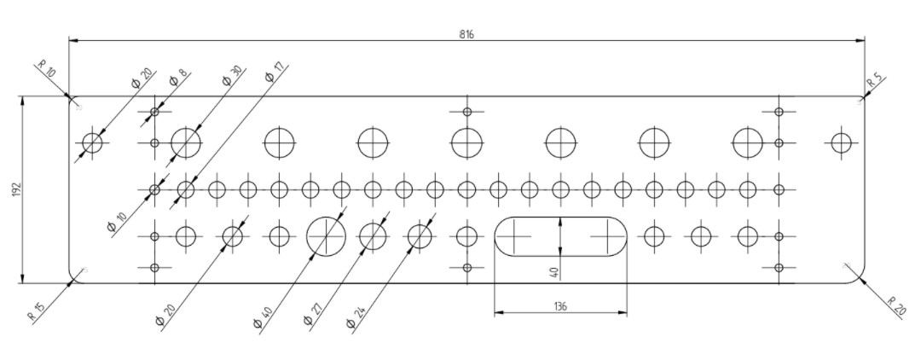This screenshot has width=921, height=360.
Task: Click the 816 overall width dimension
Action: coord(466,34)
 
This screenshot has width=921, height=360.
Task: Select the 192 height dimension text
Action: coord(16,189)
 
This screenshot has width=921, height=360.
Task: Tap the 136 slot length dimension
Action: coord(560,306)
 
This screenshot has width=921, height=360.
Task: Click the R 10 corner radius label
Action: coord(47,70)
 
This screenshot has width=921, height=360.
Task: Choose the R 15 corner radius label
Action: coord(37,310)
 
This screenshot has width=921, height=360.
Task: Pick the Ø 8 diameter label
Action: coord(178,77)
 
